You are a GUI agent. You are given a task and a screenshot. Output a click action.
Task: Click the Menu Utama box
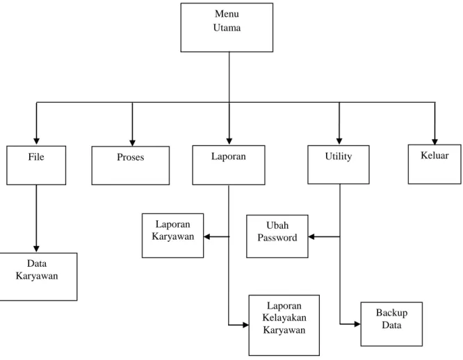[x=227, y=27]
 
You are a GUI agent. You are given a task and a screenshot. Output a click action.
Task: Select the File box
[x=36, y=165]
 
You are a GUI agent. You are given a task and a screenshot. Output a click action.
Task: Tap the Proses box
[x=131, y=165]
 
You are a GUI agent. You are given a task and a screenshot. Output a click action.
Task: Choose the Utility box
[x=339, y=165]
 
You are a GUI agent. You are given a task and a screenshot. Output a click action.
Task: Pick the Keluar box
[x=434, y=164]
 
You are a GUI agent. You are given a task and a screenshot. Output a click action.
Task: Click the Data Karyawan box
[x=38, y=277]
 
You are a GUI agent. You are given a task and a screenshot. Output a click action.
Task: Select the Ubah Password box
[x=277, y=236]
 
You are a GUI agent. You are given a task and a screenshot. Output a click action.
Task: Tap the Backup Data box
[x=391, y=324]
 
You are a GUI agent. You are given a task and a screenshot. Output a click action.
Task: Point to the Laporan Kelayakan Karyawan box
[x=284, y=325]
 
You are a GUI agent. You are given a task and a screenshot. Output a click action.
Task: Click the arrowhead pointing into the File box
[x=36, y=141]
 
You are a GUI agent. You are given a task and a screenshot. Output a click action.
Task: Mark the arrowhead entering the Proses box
[x=132, y=142]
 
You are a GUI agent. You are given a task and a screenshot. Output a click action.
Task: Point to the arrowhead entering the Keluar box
[x=434, y=141]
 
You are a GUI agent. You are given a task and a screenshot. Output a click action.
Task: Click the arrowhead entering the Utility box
[x=339, y=141]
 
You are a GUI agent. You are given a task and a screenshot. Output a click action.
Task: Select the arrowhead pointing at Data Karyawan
[x=36, y=249]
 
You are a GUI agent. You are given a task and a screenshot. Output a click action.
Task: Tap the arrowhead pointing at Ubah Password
[x=311, y=237]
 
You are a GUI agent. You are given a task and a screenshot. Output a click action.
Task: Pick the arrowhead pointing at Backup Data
[x=357, y=324]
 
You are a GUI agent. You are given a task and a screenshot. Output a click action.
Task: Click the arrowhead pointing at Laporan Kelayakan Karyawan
[x=245, y=325]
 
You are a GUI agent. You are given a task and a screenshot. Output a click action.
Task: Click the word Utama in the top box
[x=227, y=28]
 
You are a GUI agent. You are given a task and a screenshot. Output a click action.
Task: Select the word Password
[x=277, y=238]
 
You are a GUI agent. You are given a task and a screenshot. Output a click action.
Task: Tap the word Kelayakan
[x=284, y=318]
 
